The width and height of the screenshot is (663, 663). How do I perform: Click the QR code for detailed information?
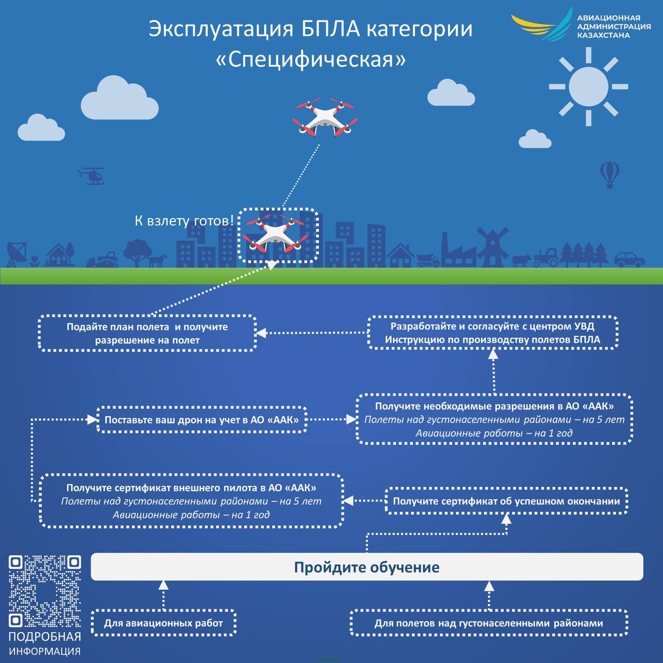pyautogui.click(x=45, y=590)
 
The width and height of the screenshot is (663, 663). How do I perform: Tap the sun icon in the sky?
pyautogui.click(x=588, y=87)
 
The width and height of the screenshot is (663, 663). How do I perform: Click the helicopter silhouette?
pyautogui.click(x=92, y=176)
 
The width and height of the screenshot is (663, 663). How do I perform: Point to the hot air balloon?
pyautogui.click(x=610, y=175)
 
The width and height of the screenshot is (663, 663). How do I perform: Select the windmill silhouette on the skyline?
pyautogui.click(x=492, y=247)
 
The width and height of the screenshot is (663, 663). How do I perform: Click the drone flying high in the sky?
pyautogui.click(x=325, y=117)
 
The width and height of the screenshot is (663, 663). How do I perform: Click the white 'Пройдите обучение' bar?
pyautogui.click(x=367, y=567)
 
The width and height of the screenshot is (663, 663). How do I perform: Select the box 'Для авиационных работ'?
pyautogui.click(x=164, y=623)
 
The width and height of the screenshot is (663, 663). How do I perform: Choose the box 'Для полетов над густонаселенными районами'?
pyautogui.click(x=488, y=623)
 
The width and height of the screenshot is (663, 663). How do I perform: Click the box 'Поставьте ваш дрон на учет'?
pyautogui.click(x=201, y=420)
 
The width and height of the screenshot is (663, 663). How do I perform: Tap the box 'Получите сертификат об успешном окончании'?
pyautogui.click(x=506, y=501)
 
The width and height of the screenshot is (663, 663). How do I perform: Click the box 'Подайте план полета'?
pyautogui.click(x=147, y=333)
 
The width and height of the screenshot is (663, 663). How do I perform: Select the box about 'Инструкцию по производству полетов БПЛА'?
pyautogui.click(x=493, y=333)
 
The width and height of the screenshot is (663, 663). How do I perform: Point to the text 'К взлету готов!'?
pyautogui.click(x=184, y=221)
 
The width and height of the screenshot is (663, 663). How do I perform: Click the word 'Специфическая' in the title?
pyautogui.click(x=311, y=59)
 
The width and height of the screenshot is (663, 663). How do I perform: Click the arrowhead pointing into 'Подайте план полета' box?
pyautogui.click(x=262, y=333)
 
